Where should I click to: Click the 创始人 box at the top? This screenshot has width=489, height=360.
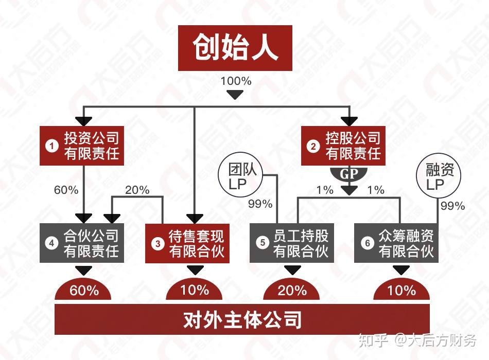pyautogui.click(x=235, y=48)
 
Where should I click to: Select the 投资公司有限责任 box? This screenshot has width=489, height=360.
pyautogui.click(x=82, y=146)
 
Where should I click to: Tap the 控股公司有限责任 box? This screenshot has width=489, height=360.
pyautogui.click(x=343, y=146)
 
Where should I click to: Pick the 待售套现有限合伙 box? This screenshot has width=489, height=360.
pyautogui.click(x=187, y=243)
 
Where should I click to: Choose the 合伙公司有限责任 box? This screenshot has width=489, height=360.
pyautogui.click(x=82, y=243)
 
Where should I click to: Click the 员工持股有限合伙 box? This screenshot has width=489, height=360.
pyautogui.click(x=292, y=243)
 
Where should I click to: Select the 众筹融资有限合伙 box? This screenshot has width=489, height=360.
pyautogui.click(x=396, y=243)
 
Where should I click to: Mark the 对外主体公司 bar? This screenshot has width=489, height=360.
pyautogui.click(x=242, y=319)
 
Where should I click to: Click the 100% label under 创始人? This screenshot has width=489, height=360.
pyautogui.click(x=236, y=81)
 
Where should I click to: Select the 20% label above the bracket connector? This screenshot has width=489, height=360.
pyautogui.click(x=137, y=190)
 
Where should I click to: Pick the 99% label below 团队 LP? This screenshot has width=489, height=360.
pyautogui.click(x=260, y=204)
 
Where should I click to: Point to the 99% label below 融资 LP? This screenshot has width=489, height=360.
pyautogui.click(x=452, y=206)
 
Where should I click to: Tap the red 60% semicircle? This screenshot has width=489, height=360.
pyautogui.click(x=83, y=290)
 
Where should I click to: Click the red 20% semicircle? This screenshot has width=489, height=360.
pyautogui.click(x=291, y=290)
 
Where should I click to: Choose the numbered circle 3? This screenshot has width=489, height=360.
pyautogui.click(x=158, y=243)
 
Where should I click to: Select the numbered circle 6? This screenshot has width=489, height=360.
pyautogui.click(x=367, y=243)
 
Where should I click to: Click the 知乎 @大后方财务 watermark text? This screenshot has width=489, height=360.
pyautogui.click(x=417, y=340)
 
